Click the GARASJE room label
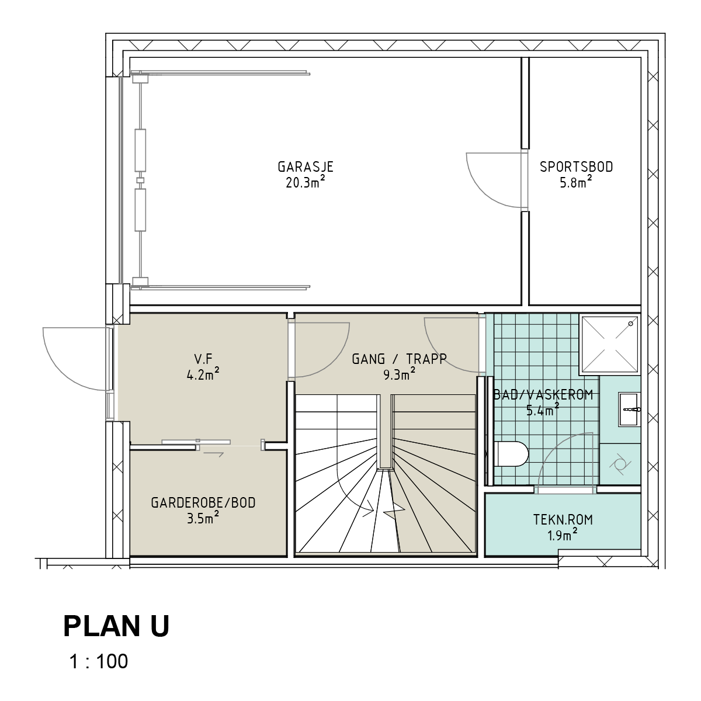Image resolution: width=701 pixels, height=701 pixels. pos(306,167)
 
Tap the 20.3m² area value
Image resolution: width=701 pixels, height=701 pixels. pos(305,182)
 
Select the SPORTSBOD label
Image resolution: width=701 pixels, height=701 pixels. pos(576,167)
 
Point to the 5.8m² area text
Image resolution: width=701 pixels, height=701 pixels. pos(576,182)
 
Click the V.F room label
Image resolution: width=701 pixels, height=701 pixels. pos(203,359)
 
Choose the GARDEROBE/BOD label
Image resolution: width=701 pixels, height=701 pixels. pos(203,503)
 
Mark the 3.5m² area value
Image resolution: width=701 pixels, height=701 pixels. pos(203,518)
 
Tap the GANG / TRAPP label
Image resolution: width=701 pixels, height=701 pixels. pos(399,359)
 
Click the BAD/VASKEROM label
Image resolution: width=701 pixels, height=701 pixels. pos(543,395)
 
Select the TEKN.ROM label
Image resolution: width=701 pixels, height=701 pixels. pos(563,520)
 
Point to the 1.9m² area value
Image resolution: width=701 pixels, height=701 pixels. pos(563,535)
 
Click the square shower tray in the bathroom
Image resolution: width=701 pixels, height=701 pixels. pos(609,345)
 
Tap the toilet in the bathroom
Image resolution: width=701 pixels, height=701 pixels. pos(512,454)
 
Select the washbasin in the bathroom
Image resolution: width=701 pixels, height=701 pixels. pos(629,410)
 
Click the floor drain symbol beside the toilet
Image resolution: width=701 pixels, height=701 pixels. pos(620,464)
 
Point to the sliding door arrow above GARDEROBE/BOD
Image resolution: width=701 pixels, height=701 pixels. pos(214,454)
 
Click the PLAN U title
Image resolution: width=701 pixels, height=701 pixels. pos(116,626)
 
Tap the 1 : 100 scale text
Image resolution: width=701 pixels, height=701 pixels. pos(99,661)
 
